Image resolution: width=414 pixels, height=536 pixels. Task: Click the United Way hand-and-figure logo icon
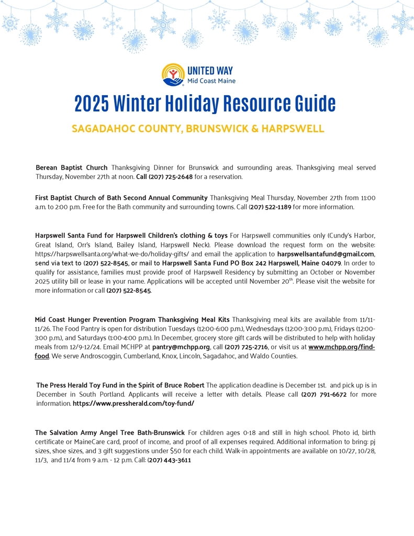coord(172,74)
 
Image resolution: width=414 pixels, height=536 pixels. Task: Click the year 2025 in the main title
coord(92,104)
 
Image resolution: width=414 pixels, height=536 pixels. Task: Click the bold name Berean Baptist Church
coord(71,167)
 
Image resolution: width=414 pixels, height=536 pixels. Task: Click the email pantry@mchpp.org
coord(181,347)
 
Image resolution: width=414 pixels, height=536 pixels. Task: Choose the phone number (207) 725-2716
coord(246,347)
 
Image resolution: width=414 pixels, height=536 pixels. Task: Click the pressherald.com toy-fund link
coord(133,404)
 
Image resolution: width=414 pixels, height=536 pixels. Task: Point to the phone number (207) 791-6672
coord(323,394)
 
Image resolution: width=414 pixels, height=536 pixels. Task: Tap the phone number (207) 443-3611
coord(169,460)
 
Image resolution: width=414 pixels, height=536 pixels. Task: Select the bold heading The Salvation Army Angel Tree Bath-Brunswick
coord(110,433)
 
